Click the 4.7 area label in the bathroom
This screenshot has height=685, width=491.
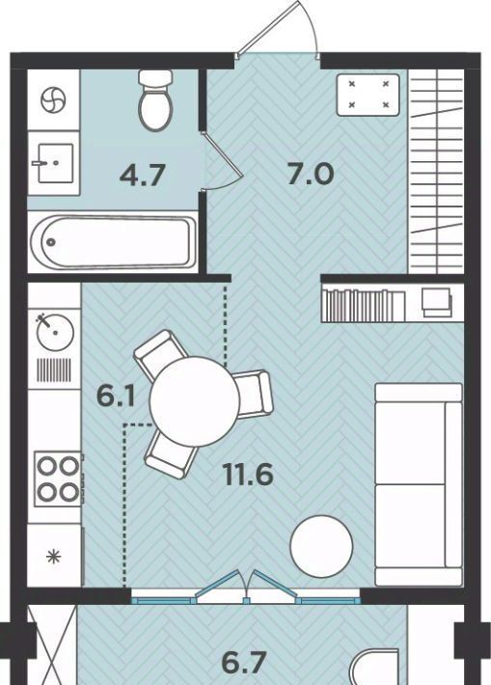coord(143,176)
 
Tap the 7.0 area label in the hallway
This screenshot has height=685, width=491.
coord(311,174)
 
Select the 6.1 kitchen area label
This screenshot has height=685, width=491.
coord(116,397)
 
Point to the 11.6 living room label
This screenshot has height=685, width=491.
coord(248,475)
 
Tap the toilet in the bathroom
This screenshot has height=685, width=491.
coord(155,99)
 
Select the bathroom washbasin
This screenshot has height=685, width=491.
coord(54,162)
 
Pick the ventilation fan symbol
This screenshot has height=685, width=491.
coord(53,99)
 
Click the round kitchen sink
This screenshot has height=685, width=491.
coord(55,332)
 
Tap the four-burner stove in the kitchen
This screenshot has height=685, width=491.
coord(58,479)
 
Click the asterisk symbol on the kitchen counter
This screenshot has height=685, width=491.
coord(54,557)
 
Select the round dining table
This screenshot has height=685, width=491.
coord(195,401)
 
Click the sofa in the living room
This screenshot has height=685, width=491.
coord(419,484)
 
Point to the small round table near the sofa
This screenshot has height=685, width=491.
coord(321,546)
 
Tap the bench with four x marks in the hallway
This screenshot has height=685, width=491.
coord(368,95)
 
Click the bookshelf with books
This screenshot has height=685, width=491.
coord(364,304)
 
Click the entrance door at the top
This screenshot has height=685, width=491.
coord(280,29)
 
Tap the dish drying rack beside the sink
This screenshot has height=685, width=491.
coord(54,370)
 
